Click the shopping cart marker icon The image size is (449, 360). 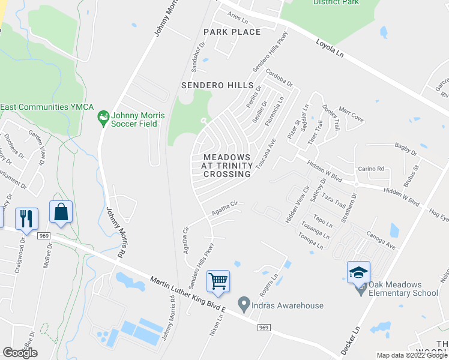click(218, 280)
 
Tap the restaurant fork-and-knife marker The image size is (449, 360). click(26, 218)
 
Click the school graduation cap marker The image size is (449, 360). click(358, 271)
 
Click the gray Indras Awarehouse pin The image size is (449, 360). click(244, 305)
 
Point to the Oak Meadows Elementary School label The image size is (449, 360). click(404, 289)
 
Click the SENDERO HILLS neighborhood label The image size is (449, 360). click(217, 86)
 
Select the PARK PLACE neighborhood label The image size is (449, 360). click(232, 32)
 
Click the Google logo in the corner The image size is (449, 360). click(20, 353)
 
